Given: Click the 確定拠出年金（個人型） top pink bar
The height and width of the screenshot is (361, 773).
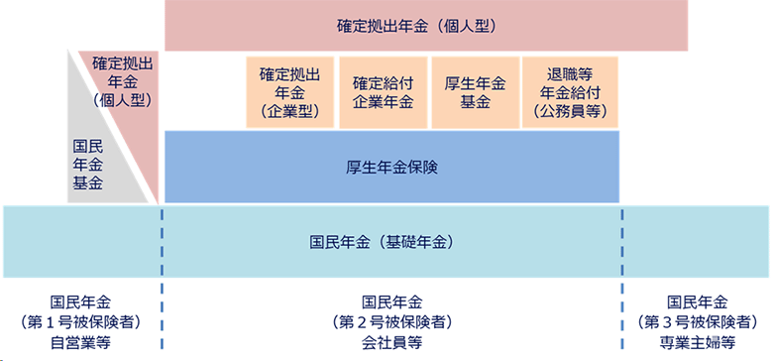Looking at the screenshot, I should pos(427,26).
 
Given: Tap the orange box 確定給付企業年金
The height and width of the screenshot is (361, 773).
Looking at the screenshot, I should pos(383,91).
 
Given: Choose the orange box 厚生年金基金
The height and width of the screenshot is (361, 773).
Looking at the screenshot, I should pos(476,91).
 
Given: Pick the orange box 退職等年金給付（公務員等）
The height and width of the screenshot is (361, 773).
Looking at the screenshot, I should pos(569,91).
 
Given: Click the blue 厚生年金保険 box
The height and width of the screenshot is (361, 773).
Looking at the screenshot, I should pos(391,167).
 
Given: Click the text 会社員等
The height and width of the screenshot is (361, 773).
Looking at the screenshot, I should pos(392,342).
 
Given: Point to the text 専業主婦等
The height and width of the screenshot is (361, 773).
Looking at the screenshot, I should pos(699,342).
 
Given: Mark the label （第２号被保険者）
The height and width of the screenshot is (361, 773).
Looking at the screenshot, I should pos(392,322).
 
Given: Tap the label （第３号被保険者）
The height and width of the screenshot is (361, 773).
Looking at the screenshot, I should pos(699,322).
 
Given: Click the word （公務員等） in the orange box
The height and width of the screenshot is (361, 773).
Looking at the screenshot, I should pos(569,111).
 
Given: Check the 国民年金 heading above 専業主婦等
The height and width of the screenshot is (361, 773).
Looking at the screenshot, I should pos(699,302).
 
